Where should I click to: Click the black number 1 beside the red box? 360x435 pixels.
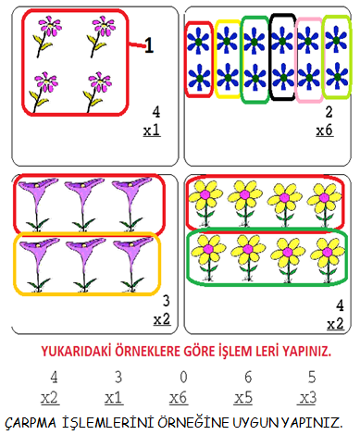click(149, 45)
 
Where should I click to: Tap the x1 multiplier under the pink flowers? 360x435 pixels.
click(152, 130)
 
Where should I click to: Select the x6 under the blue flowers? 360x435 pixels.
click(325, 130)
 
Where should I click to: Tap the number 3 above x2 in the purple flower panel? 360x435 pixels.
click(167, 301)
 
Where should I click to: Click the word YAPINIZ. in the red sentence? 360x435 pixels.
click(307, 352)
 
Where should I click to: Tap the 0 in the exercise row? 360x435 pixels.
click(183, 377)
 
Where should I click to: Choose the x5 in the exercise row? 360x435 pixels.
click(243, 398)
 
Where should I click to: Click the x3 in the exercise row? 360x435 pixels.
click(307, 398)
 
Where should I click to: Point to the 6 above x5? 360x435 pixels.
click(248, 377)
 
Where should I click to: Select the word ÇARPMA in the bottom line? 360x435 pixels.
click(31, 423)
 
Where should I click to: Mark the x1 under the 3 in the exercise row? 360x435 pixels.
click(114, 398)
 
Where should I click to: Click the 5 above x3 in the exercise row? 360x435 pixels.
click(312, 377)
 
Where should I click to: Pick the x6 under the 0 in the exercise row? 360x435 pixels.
click(179, 398)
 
